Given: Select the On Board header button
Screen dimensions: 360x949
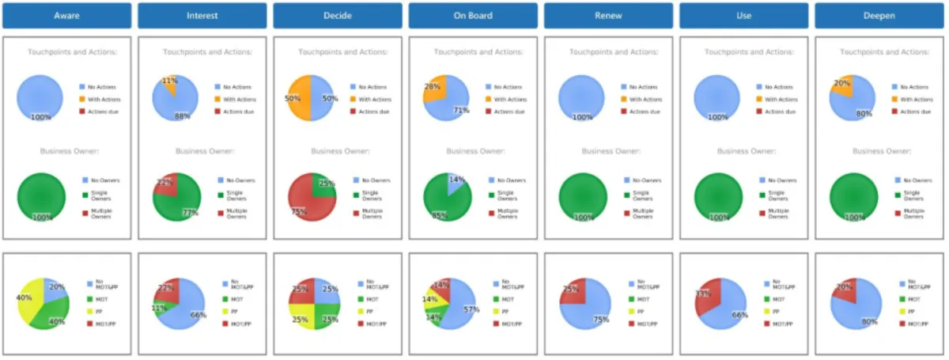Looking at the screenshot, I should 474,15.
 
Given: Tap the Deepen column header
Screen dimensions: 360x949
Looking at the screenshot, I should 879,15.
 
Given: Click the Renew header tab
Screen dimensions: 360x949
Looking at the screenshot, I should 608,15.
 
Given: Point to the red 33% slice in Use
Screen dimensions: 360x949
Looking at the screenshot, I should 706,297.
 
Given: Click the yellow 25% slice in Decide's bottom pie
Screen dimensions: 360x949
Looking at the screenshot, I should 300,316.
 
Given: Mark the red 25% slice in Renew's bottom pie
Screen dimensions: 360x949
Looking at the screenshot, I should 572,291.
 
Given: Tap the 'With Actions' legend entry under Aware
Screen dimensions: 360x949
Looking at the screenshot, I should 104,99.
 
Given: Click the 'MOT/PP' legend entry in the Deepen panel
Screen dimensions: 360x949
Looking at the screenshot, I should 918,324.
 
